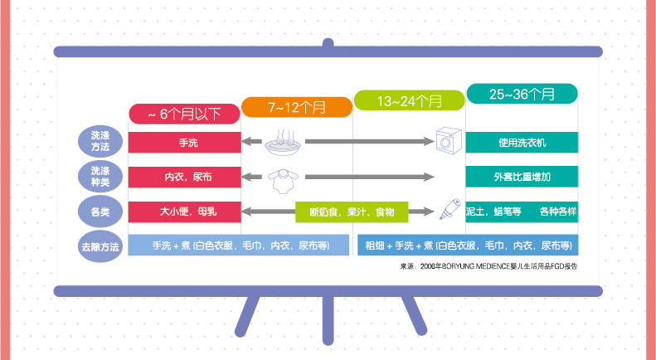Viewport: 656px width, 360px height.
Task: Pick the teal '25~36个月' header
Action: pos(522,94)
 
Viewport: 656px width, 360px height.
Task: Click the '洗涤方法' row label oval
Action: pos(100,142)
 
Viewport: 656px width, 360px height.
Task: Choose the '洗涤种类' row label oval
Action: pos(100,176)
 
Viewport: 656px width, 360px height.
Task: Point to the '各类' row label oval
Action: pos(100,211)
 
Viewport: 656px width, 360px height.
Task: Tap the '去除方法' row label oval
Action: pos(100,246)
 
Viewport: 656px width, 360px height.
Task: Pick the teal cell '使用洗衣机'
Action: pos(522,142)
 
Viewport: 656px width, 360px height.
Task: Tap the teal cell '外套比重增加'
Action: pos(522,176)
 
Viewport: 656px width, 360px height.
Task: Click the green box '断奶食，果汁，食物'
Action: pos(352,212)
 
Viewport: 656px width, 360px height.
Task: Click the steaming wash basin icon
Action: pos(284,143)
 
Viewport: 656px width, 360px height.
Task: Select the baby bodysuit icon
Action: pos(284,177)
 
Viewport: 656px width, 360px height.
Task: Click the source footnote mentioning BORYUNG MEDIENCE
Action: pos(488,267)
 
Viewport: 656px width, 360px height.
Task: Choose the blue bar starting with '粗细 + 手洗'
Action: pos(467,246)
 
